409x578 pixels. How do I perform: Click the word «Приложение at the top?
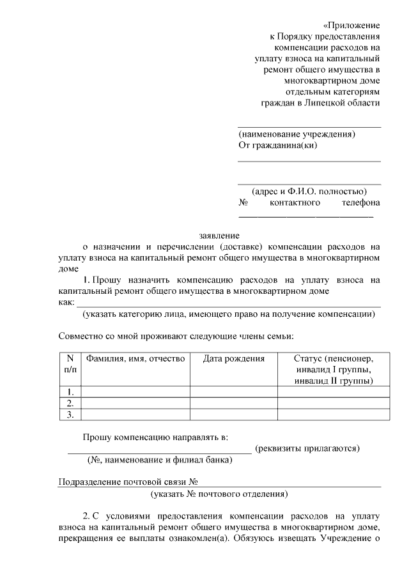tap(351, 26)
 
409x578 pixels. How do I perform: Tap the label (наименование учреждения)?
tap(297, 134)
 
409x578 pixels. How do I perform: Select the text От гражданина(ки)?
tap(277, 145)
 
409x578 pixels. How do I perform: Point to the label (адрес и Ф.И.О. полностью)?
tap(309, 191)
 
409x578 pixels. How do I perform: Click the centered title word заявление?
tap(219, 234)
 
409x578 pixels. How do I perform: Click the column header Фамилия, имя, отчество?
tap(135, 359)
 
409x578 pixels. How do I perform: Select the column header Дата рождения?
tap(233, 359)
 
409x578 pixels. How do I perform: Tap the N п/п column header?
tap(70, 364)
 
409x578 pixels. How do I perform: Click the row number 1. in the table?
tap(70, 392)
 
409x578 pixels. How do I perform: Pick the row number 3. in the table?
tap(70, 414)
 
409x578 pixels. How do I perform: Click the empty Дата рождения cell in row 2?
tap(233, 403)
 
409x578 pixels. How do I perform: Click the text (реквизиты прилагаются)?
tap(307, 448)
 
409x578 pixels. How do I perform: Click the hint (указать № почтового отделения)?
tap(219, 494)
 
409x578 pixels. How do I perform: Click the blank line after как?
tap(228, 302)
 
